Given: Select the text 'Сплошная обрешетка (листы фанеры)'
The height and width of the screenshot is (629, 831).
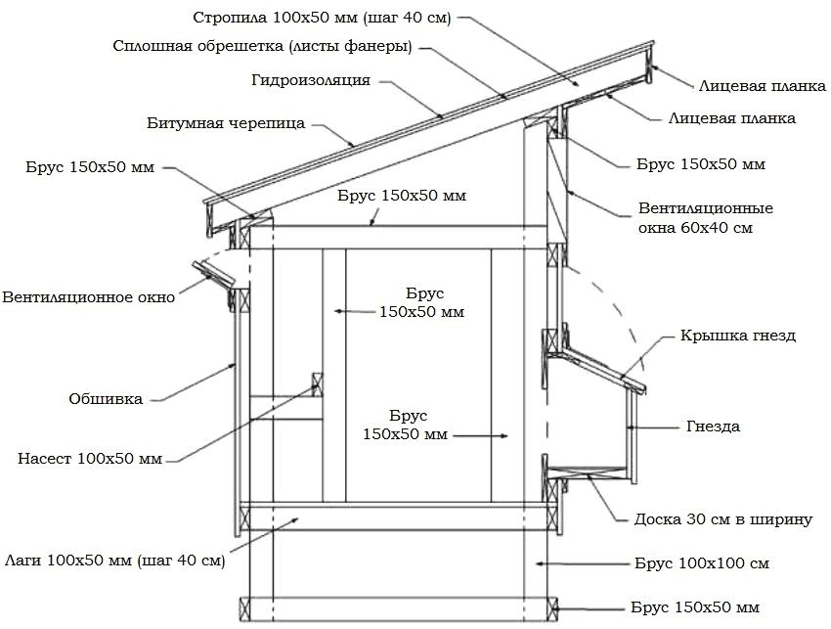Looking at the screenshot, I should click(261, 46).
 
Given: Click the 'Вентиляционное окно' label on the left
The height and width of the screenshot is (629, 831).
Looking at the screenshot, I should click(89, 296).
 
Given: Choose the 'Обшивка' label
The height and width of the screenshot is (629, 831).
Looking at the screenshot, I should click(106, 398).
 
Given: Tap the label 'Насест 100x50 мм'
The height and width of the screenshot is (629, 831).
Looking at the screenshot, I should click(90, 457).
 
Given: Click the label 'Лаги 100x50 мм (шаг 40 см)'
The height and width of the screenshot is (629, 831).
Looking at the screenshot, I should click(115, 561).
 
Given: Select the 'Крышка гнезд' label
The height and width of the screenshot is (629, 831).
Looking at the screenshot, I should click(738, 336).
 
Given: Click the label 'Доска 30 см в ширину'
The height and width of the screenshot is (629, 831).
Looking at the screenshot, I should click(723, 519).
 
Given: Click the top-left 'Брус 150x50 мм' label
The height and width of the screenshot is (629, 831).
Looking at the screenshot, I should click(90, 167).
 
